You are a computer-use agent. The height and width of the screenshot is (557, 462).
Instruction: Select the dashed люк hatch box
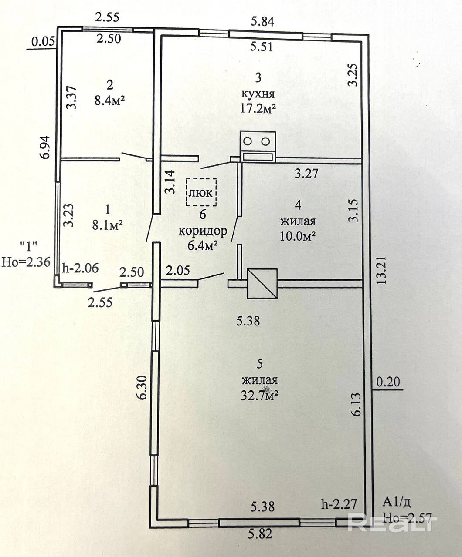coord(201,192)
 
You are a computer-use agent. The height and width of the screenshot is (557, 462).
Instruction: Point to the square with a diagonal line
coord(262,283)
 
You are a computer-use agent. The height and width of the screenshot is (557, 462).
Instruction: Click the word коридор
coord(203,231)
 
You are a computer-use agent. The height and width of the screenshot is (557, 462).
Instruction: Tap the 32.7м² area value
coord(260,396)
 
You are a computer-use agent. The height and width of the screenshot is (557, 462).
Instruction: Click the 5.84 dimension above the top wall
coord(263,21)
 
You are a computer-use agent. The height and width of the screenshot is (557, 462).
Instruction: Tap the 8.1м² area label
coord(107,224)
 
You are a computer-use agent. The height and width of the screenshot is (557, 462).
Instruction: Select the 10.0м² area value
coord(298,235)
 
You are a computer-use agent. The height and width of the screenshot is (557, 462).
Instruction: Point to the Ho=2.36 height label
coord(26,261)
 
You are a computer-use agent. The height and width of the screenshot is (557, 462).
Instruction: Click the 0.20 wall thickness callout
coord(387,382)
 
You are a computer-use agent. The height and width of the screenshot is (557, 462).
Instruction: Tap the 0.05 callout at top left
coord(43,42)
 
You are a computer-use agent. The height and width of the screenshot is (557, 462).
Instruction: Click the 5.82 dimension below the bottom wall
coord(260,534)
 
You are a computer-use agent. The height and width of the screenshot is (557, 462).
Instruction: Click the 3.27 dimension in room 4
coord(307,174)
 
